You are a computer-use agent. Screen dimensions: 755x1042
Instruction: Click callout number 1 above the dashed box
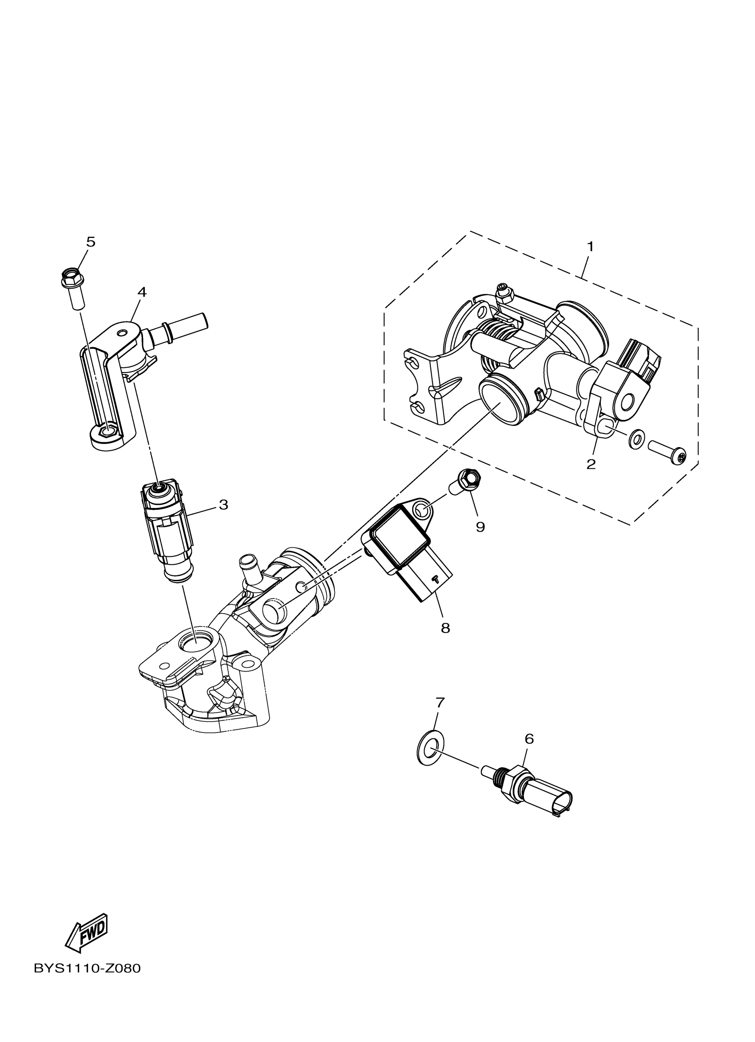coord(591,247)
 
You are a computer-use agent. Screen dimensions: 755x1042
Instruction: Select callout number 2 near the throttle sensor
coord(591,464)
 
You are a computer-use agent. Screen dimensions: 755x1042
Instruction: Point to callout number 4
coord(142,292)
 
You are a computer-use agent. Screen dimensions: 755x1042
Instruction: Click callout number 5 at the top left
coord(91,242)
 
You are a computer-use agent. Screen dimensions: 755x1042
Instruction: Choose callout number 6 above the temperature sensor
coord(529,739)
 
